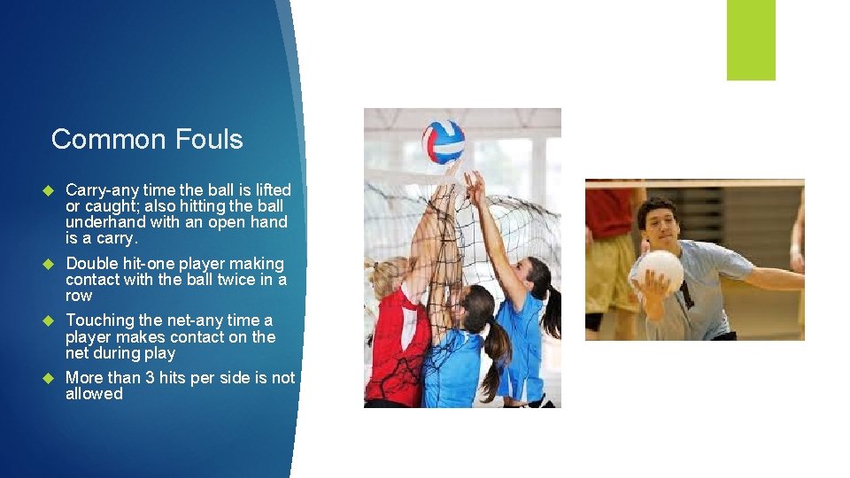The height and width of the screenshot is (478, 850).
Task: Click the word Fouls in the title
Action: coord(209,139)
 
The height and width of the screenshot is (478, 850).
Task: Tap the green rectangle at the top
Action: coord(751,39)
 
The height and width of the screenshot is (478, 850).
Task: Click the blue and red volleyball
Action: coord(443,142)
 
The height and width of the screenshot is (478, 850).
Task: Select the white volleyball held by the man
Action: coord(660,270)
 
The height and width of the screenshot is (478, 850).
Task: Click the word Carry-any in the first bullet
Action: coord(103,190)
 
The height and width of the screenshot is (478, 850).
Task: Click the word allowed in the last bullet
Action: coord(94,394)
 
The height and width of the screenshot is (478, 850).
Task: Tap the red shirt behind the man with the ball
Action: coord(608,212)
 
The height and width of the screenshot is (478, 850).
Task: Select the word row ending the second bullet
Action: coord(79,296)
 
